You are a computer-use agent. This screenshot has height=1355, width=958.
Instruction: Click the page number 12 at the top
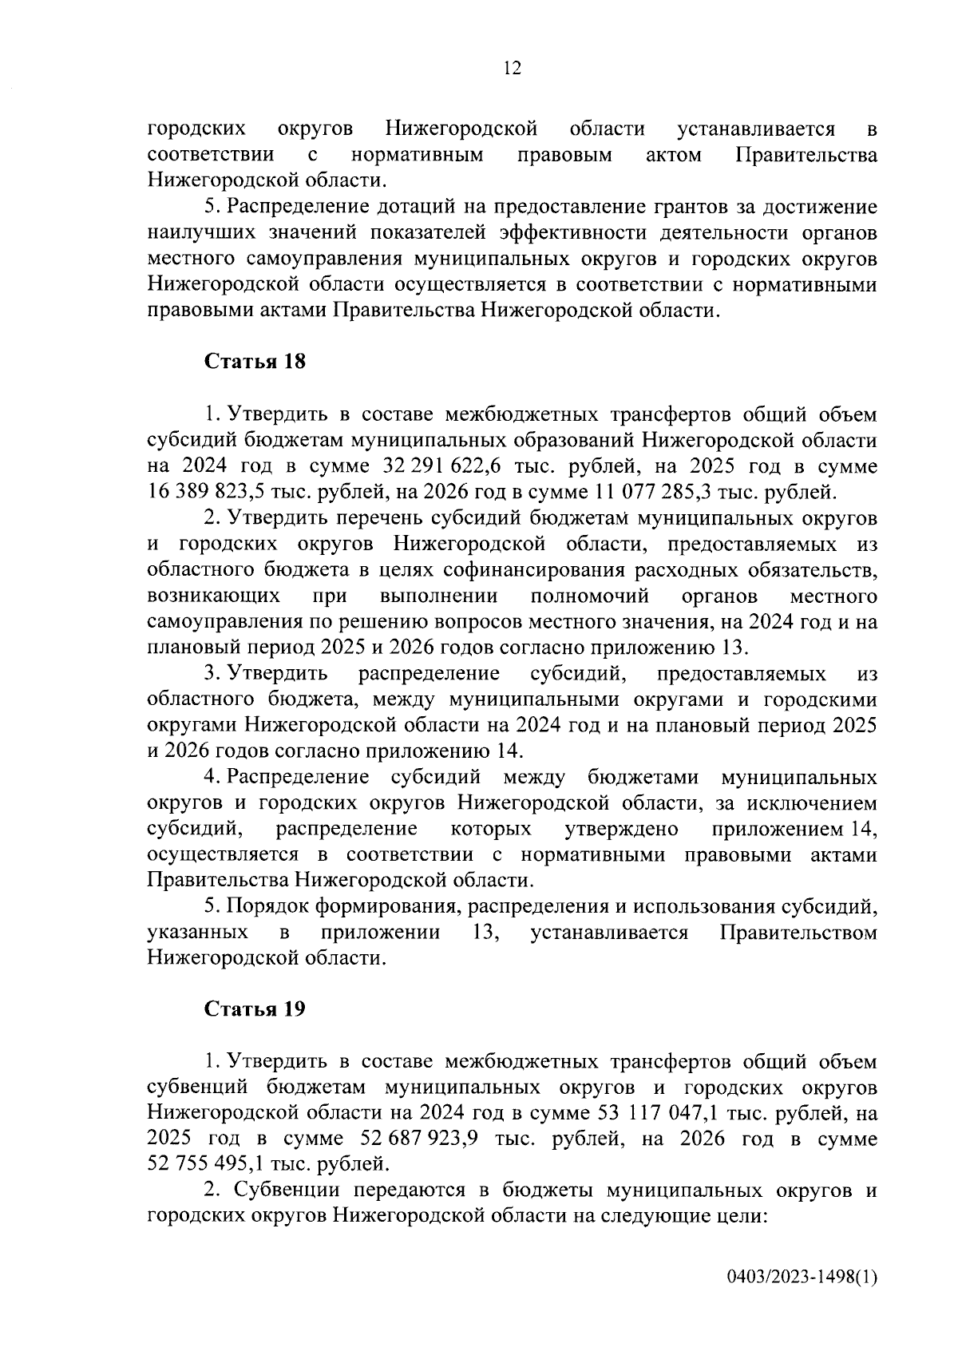click(512, 69)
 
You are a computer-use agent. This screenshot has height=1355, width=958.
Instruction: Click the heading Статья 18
click(255, 361)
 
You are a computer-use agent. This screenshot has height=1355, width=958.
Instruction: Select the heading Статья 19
click(255, 1008)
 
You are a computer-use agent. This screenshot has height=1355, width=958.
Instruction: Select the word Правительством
click(798, 933)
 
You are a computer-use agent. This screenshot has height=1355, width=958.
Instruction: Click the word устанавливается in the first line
click(755, 129)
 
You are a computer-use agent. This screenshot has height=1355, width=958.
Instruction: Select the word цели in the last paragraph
click(744, 1216)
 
